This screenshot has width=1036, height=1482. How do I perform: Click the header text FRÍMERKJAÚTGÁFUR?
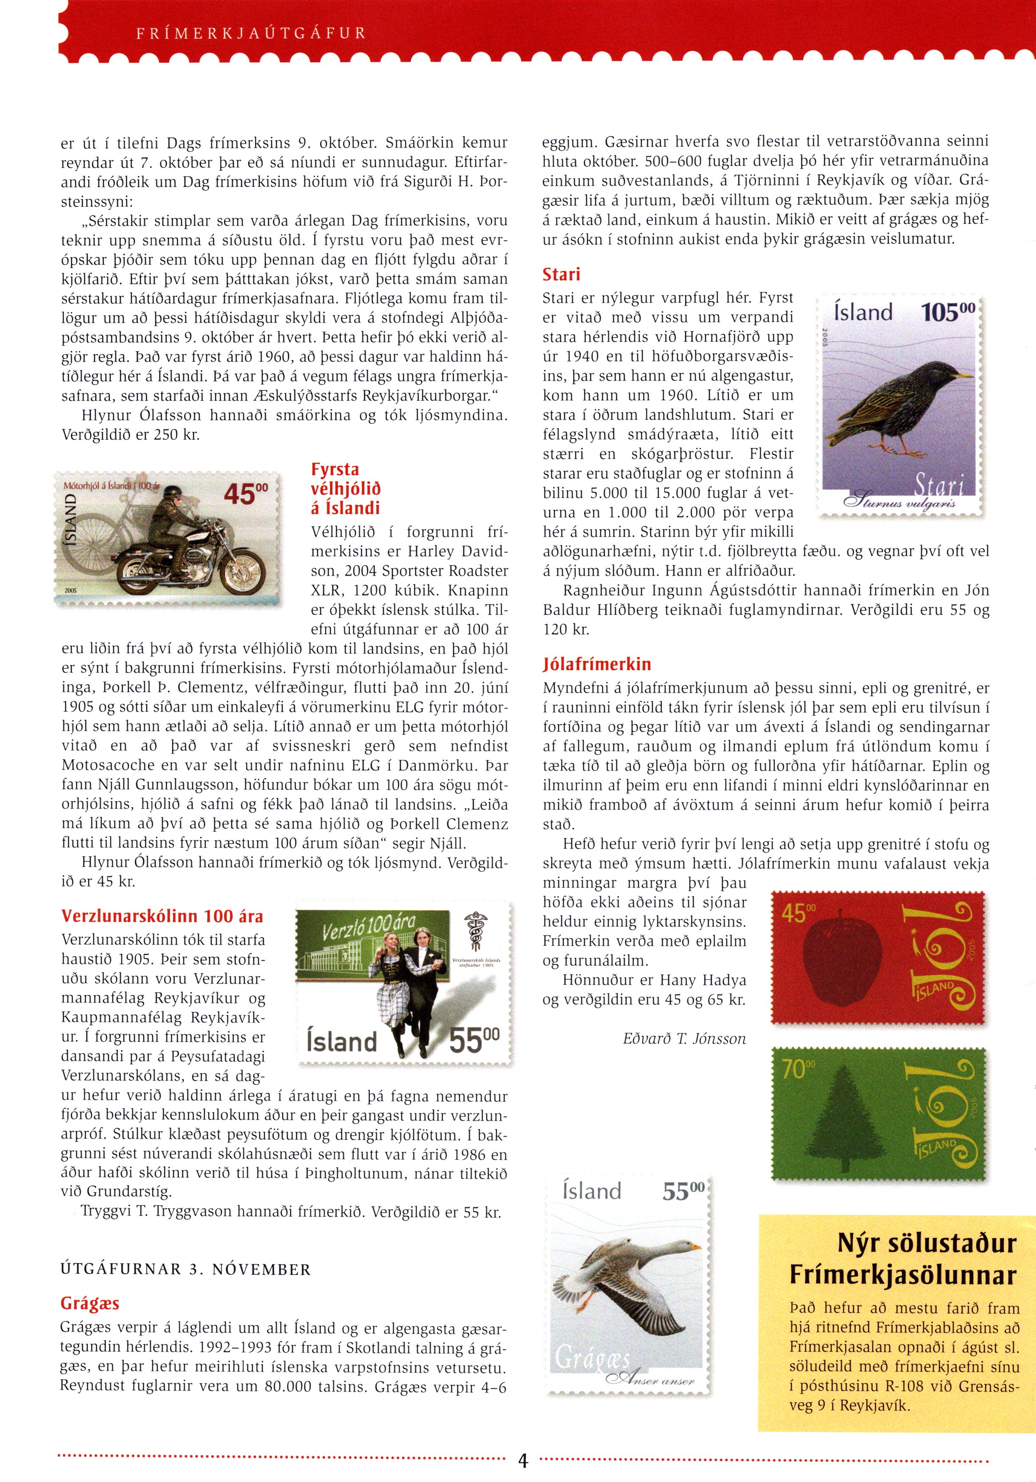251,34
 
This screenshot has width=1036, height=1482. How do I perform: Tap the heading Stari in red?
561,274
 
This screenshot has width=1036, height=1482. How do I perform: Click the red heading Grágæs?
90,1303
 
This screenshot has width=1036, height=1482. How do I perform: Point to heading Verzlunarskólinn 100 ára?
162,916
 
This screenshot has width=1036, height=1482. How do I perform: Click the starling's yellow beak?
964,375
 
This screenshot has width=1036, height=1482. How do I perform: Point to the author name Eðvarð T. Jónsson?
684,1039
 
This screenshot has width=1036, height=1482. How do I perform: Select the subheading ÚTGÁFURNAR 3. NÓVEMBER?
186,1269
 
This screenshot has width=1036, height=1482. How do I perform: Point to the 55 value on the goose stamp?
683,1191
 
